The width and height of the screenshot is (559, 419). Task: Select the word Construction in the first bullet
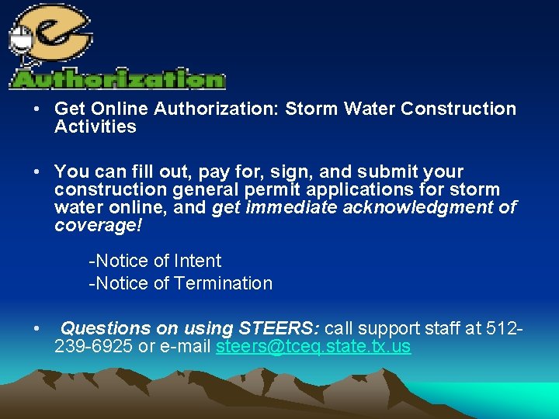click(458, 109)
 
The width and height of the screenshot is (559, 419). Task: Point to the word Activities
click(95, 126)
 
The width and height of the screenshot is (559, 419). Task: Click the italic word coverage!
click(99, 225)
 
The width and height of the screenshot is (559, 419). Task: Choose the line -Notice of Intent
click(155, 261)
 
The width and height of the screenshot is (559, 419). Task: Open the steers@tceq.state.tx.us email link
click(313, 346)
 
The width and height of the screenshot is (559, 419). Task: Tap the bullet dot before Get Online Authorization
click(37, 109)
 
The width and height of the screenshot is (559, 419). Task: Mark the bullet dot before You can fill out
click(37, 171)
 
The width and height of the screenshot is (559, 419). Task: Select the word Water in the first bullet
click(369, 109)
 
